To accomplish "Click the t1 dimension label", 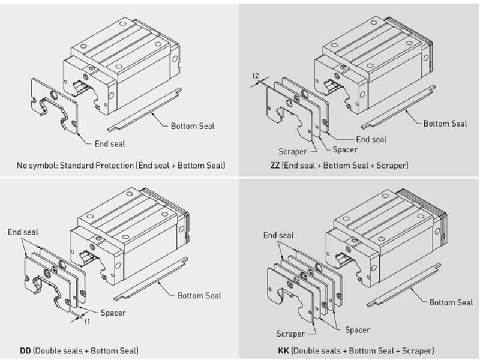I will click(x=87, y=320).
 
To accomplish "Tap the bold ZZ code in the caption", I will click(x=276, y=164).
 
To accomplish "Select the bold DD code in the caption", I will click(x=26, y=350).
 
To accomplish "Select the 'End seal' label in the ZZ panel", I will click(x=371, y=139).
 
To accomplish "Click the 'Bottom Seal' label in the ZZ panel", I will click(x=445, y=124).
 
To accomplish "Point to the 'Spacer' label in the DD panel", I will click(x=113, y=312).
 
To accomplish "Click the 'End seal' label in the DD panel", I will click(x=22, y=230).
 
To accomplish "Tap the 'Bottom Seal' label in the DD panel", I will click(x=199, y=295).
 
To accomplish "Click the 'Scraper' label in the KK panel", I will click(x=290, y=334).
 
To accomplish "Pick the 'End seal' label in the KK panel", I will click(x=278, y=235).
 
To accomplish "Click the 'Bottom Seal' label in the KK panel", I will click(x=451, y=302).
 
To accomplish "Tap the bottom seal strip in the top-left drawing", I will click(x=144, y=110).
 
